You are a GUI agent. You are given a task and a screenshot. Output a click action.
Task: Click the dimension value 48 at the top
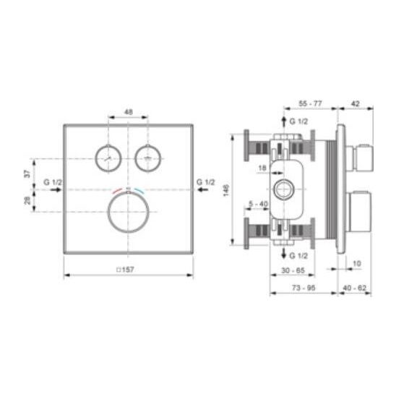coord(129,111)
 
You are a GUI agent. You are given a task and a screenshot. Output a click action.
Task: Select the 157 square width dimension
coord(125,270)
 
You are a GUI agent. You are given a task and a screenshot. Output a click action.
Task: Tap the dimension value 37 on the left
coord(27,173)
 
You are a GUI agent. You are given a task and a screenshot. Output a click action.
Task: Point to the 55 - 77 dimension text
coord(311,103)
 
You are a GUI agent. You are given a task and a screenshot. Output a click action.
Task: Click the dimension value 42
coord(356,103)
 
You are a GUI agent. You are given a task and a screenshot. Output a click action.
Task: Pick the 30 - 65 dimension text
coord(293,270)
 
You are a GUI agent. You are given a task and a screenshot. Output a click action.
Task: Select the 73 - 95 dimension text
coord(304,288)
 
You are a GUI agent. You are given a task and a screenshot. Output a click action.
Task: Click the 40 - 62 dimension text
coord(355,288)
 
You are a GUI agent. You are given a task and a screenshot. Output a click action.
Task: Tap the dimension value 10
coord(356,264)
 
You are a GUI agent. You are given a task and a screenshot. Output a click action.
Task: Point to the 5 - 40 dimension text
coord(259,204)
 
